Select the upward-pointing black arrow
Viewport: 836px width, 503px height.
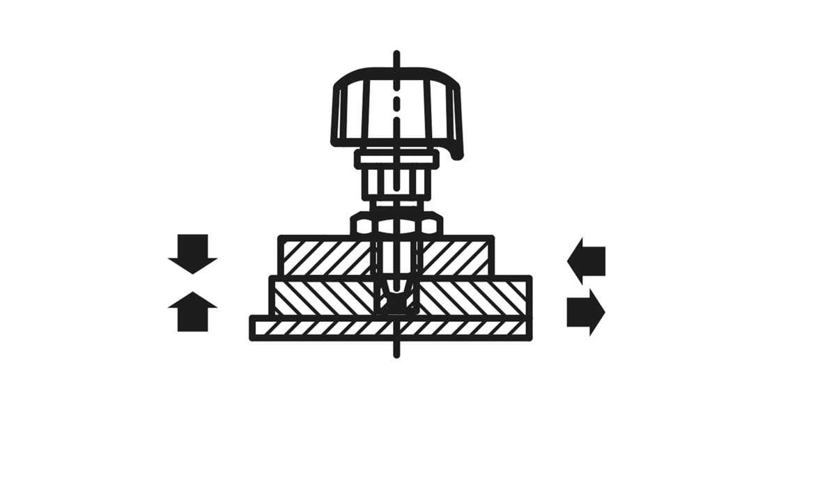click(x=193, y=311)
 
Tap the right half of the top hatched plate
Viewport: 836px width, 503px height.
click(x=456, y=256)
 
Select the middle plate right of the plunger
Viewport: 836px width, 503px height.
click(x=474, y=296)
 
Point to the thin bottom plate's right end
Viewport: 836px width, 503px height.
click(x=516, y=327)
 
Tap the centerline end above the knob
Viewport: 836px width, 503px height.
click(x=396, y=54)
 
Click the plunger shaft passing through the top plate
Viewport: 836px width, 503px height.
click(x=396, y=258)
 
